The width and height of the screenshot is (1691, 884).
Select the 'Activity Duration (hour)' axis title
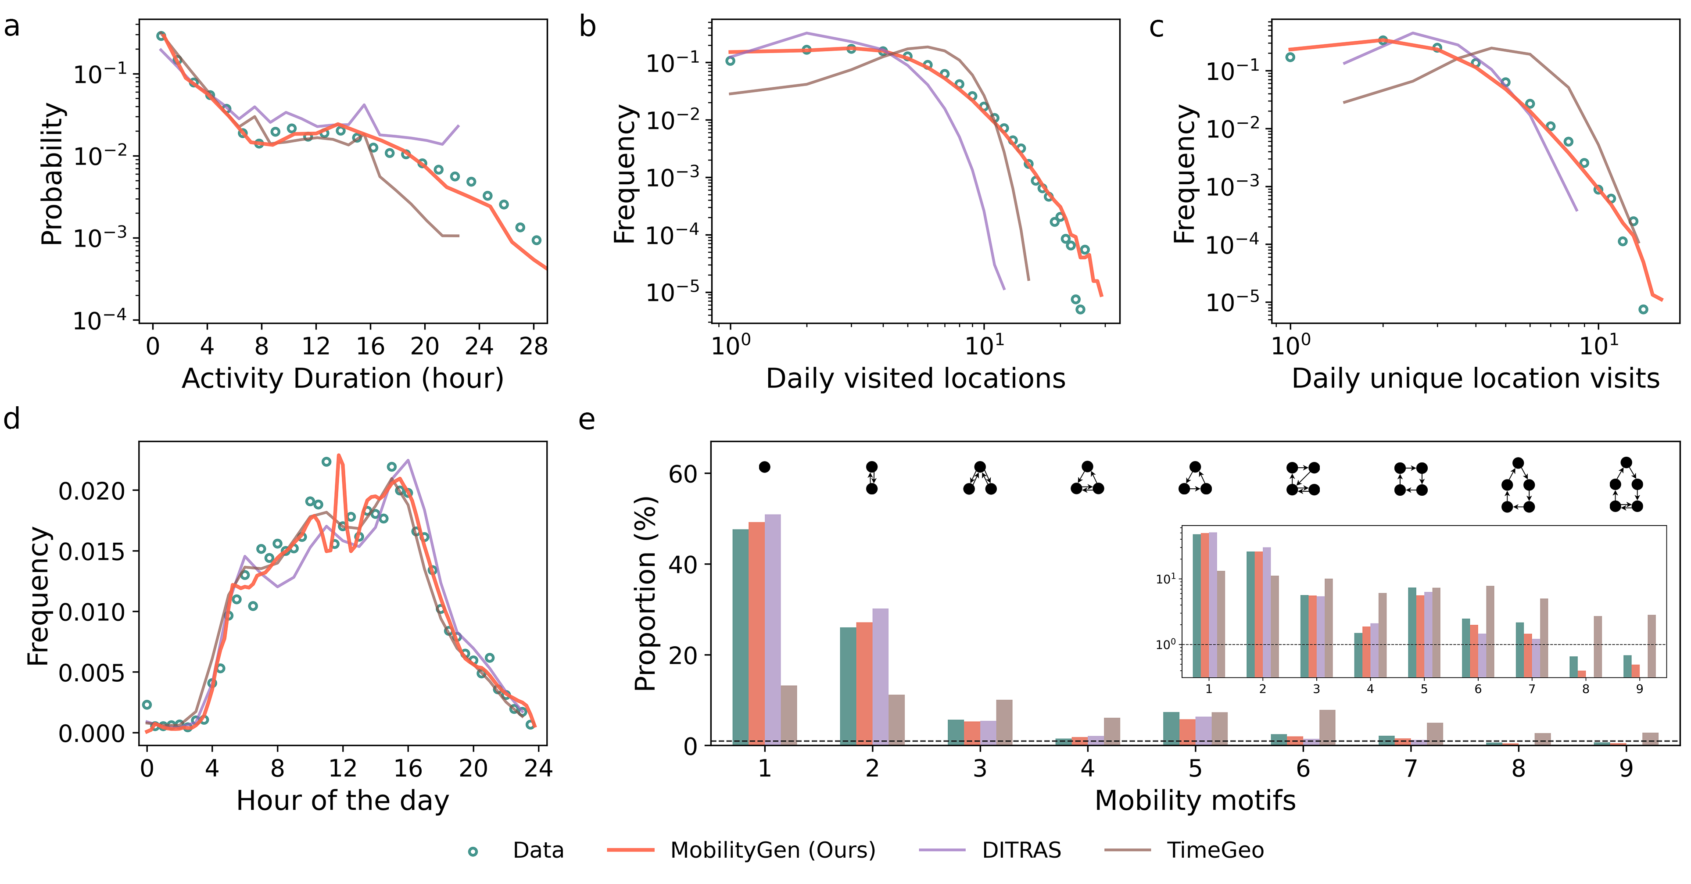coord(343,379)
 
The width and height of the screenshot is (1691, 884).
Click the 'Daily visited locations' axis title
coord(916,379)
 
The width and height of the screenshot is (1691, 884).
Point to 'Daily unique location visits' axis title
coord(1476,379)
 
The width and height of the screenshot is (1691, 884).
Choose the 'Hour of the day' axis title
coord(343,801)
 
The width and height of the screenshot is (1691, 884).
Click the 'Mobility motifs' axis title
coord(1195,801)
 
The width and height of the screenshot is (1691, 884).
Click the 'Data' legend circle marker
coord(473,851)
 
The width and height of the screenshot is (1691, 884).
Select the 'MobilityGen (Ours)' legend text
coord(773,851)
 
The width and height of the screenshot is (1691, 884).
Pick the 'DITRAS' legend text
coord(1021,851)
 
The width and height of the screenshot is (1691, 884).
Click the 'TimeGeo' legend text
coord(1215,851)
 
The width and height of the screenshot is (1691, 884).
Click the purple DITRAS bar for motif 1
coord(773,630)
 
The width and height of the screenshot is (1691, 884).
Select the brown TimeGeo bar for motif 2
coord(896,720)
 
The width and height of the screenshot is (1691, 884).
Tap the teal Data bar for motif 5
coord(1171,728)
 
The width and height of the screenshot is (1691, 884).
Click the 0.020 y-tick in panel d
coord(91,491)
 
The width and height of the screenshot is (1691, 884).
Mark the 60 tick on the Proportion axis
coord(683,474)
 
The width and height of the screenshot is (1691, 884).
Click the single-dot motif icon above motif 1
coord(764,467)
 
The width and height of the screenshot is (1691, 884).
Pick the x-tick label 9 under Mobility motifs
coord(1626,768)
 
